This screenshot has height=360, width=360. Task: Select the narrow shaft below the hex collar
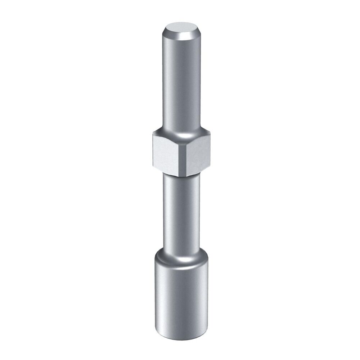[182, 212]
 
